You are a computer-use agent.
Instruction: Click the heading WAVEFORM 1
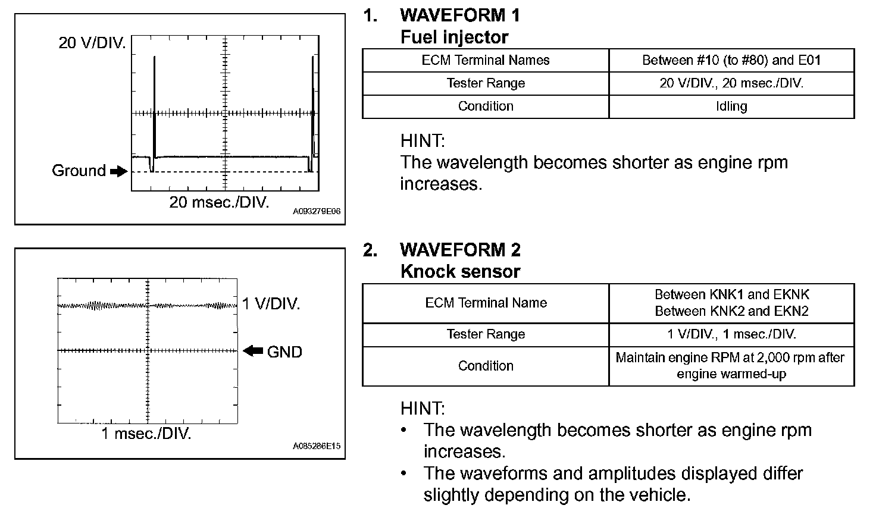[460, 15]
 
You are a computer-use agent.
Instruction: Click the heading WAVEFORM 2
[460, 249]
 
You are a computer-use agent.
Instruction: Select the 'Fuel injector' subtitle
[454, 37]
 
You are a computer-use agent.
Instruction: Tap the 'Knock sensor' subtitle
[460, 271]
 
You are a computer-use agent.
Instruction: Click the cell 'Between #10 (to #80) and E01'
[731, 60]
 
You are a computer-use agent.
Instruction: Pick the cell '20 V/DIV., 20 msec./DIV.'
[731, 83]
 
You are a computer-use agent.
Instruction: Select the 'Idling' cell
[731, 106]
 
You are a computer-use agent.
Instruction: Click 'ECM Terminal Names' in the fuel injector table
[486, 60]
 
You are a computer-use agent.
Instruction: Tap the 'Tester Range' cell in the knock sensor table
[486, 334]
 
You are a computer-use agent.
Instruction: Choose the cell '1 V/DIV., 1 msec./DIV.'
[731, 334]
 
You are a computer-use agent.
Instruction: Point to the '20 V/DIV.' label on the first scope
[92, 43]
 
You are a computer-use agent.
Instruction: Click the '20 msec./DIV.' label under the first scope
[219, 202]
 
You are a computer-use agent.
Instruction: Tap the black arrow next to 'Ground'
[119, 171]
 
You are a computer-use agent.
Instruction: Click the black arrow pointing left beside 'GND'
[253, 351]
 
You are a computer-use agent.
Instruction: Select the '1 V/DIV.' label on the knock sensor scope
[271, 304]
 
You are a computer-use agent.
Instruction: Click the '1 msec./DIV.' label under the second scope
[146, 434]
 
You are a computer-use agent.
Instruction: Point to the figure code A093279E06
[317, 212]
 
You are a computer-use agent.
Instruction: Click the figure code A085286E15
[317, 446]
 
